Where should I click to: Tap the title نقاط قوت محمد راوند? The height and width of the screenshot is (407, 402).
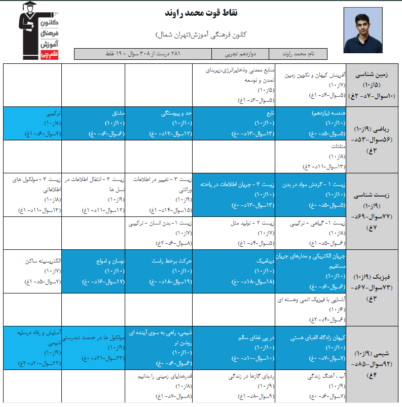point(201,13)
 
